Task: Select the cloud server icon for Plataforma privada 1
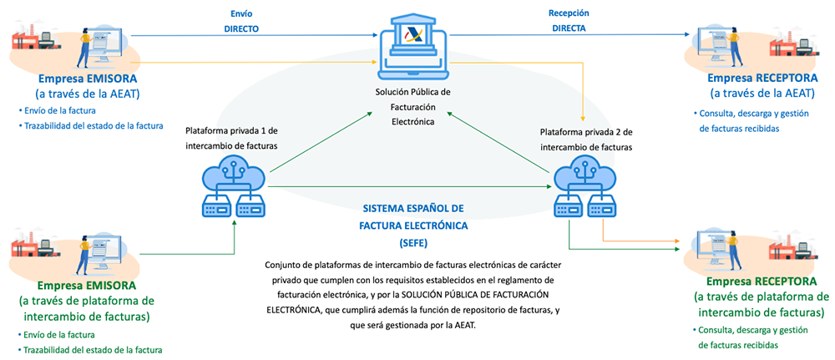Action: tap(235, 189)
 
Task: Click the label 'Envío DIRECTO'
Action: tap(240, 21)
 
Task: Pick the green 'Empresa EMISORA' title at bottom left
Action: tap(76, 284)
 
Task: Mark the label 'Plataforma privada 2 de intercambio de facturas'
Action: tap(585, 139)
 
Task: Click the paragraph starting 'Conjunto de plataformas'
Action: tap(414, 293)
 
